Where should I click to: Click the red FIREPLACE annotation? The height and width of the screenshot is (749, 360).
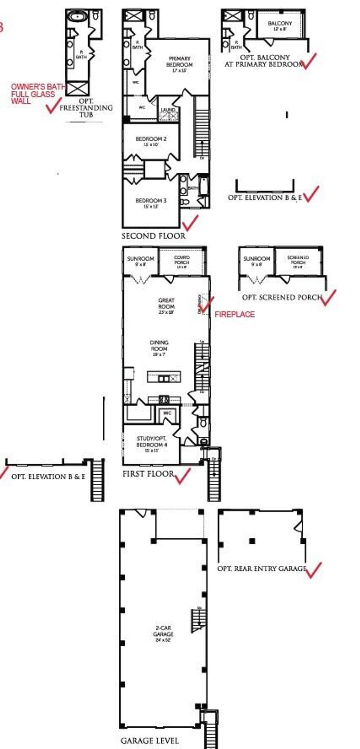[x=234, y=314]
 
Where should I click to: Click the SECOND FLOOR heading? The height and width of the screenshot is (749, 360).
[x=153, y=236]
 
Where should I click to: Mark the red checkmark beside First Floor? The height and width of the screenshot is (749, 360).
[x=182, y=475]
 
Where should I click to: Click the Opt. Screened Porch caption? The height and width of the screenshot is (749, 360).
[x=282, y=297]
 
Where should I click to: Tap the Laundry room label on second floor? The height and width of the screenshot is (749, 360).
[x=168, y=110]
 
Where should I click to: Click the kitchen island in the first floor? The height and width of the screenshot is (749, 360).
[x=164, y=377]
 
